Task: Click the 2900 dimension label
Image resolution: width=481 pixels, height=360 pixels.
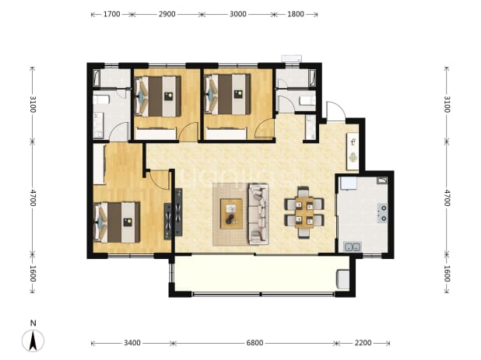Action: click(x=167, y=14)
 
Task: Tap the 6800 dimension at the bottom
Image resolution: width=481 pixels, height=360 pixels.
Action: click(x=255, y=343)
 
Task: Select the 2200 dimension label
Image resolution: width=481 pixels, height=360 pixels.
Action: click(x=363, y=343)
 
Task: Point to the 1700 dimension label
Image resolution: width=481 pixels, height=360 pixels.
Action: click(x=111, y=14)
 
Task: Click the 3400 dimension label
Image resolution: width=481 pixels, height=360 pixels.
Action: click(x=132, y=343)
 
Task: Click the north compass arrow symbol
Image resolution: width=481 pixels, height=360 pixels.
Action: click(x=33, y=341)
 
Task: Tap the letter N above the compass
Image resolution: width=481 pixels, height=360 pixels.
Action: click(x=33, y=323)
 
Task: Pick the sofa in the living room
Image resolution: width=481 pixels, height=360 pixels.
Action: click(x=258, y=214)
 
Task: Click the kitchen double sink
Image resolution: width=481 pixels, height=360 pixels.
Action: click(x=352, y=246)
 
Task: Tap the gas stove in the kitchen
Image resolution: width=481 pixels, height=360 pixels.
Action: click(x=382, y=213)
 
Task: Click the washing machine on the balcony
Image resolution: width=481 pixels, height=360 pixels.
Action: click(x=343, y=279)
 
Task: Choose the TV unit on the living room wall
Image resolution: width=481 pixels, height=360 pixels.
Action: click(x=178, y=212)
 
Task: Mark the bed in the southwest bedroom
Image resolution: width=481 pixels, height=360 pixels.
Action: click(x=117, y=222)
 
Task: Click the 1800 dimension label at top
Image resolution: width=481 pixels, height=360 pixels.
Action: click(x=296, y=14)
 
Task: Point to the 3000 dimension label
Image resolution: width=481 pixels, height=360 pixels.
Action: click(x=237, y=14)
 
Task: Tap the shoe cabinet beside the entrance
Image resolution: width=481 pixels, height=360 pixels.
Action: click(x=353, y=152)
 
